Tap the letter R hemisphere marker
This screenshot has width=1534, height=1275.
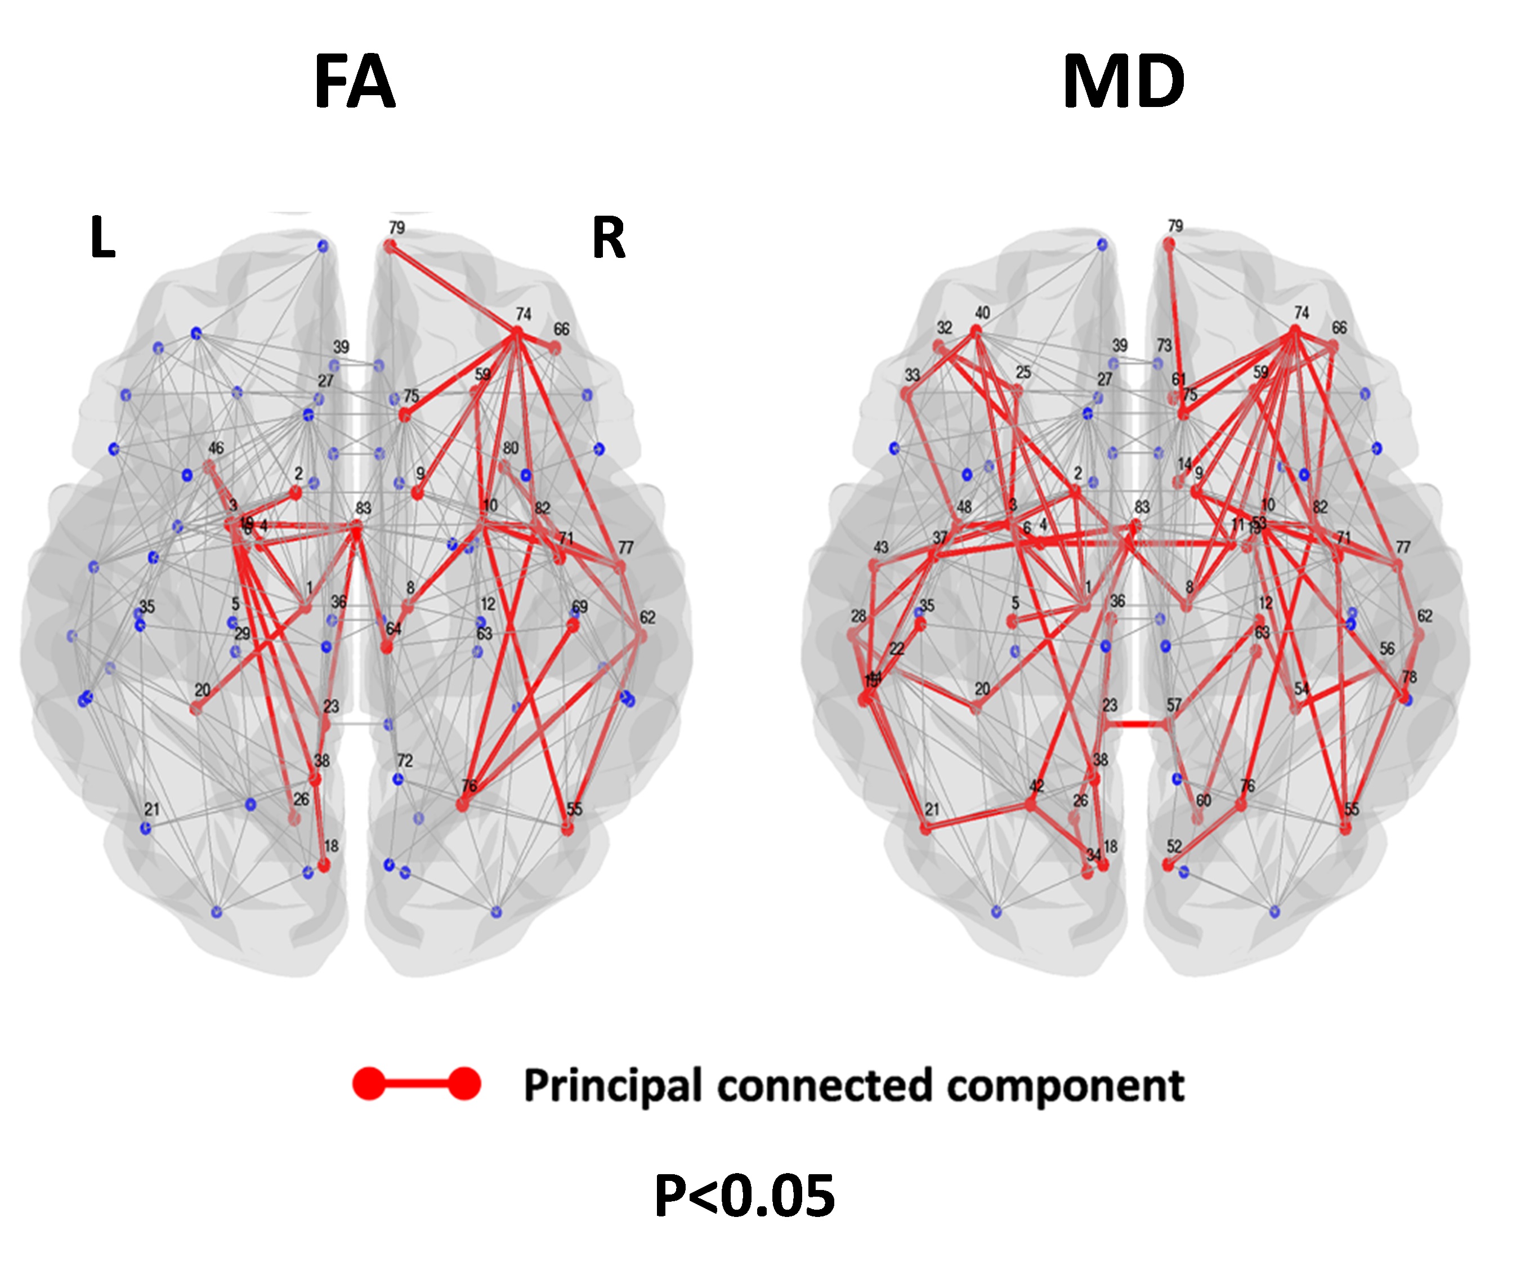(609, 238)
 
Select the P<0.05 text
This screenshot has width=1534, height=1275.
(744, 1196)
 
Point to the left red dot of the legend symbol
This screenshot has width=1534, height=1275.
(369, 1084)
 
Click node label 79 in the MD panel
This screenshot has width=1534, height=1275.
(1175, 226)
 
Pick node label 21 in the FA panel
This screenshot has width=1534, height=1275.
(151, 809)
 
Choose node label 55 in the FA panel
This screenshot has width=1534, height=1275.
(574, 809)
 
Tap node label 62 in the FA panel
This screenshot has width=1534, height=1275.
(647, 617)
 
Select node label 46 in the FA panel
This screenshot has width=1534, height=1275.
(216, 448)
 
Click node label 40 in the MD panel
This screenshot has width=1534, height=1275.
(982, 313)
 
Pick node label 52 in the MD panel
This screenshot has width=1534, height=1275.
(1173, 846)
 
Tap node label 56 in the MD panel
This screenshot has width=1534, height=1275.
(1387, 648)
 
